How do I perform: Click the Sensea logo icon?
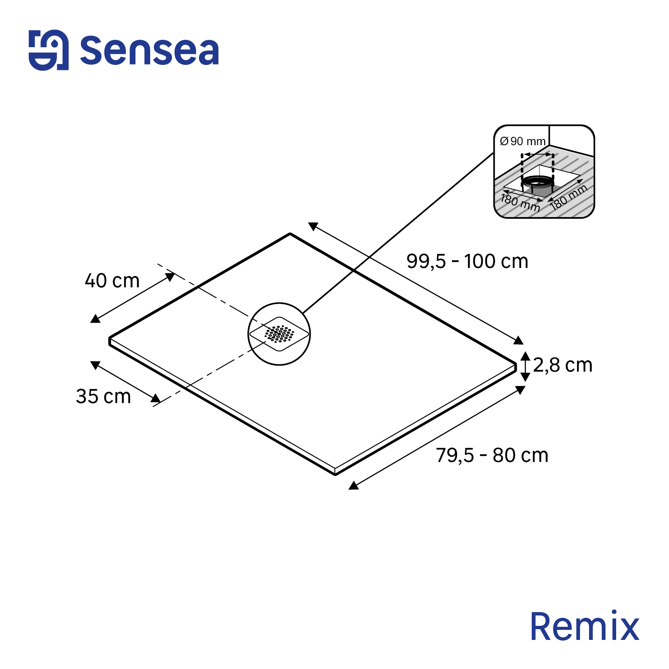point(49,50)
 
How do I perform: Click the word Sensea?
point(149,51)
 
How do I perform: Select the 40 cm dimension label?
point(112,281)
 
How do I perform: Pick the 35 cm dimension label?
point(103,396)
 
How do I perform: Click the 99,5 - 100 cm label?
point(467,261)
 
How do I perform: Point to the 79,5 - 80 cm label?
point(492,455)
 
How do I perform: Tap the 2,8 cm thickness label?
point(563,365)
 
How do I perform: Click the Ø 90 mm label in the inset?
point(522,141)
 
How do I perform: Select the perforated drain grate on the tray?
point(279,334)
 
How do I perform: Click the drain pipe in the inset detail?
point(538,185)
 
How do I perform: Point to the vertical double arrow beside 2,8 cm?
point(525,366)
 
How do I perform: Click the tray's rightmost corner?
point(515,364)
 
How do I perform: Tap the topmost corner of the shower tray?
point(290,234)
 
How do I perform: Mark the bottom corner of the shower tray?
point(335,474)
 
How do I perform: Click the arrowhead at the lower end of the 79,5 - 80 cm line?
point(353,486)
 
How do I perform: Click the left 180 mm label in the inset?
point(520,203)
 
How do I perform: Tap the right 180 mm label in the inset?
point(568,197)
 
